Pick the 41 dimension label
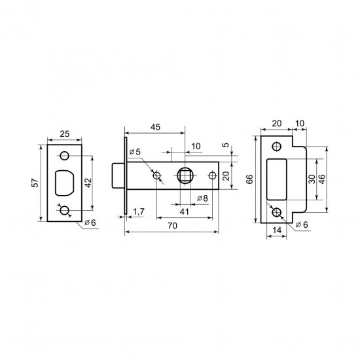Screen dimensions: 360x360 185,211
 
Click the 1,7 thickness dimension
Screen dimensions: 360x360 138,211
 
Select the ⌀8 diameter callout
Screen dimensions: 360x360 202,198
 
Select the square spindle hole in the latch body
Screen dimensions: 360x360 185,176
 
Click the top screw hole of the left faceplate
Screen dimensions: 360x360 64,155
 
